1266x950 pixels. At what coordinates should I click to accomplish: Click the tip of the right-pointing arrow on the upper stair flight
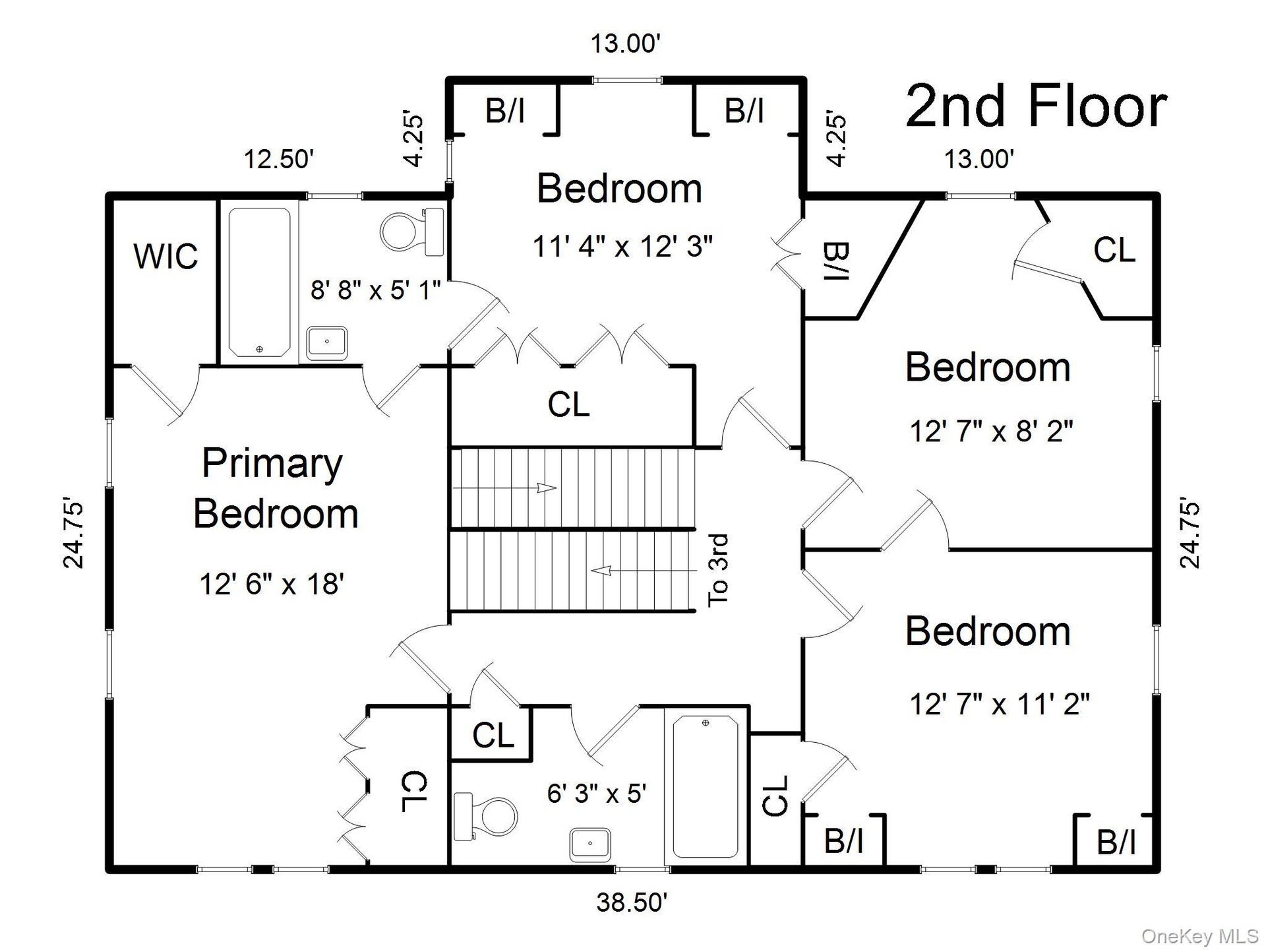(556, 488)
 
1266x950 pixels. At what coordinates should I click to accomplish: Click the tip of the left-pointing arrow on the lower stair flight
(591, 570)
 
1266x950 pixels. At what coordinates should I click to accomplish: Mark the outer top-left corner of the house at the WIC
(107, 193)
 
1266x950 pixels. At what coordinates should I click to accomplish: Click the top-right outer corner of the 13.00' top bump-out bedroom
(804, 79)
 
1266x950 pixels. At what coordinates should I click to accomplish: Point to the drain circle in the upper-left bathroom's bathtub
(259, 349)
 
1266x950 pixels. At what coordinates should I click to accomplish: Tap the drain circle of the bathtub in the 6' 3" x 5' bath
(706, 723)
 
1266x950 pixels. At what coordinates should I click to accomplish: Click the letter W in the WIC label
(148, 256)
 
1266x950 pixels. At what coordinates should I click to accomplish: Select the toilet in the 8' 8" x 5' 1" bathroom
(413, 232)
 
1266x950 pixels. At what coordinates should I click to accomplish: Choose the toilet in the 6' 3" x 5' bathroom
(485, 817)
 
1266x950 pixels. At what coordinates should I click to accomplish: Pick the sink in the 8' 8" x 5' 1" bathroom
(327, 342)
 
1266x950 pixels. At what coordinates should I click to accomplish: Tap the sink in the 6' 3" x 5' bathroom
(589, 844)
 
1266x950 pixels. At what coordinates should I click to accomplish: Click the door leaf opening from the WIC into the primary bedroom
(156, 391)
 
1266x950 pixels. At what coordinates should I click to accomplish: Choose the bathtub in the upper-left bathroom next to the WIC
(259, 282)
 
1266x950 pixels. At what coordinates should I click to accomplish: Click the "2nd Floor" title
(1036, 106)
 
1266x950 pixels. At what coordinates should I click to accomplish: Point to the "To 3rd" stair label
(718, 570)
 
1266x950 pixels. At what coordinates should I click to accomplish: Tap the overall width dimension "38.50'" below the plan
(632, 902)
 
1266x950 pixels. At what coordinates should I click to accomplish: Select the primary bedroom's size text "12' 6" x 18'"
(272, 584)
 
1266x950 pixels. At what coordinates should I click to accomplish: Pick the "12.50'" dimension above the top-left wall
(279, 159)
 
